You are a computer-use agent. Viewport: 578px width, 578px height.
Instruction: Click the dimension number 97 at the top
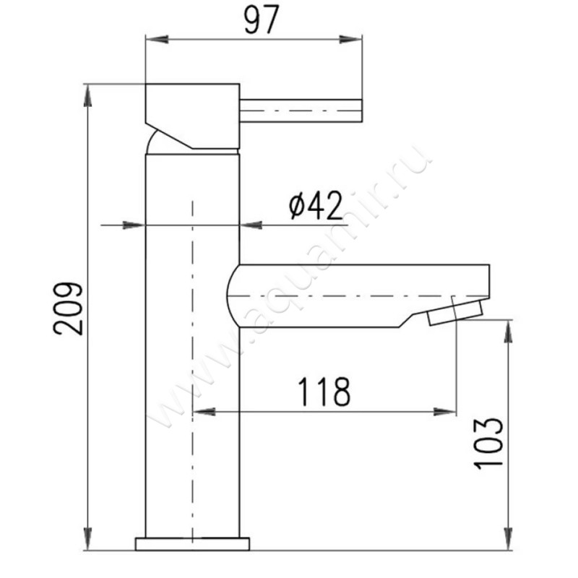(x=262, y=20)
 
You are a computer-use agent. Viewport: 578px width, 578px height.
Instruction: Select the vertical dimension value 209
(x=68, y=309)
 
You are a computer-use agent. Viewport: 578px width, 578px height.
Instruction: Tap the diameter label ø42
(x=316, y=206)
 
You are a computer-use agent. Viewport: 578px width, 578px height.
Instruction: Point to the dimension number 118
(x=324, y=391)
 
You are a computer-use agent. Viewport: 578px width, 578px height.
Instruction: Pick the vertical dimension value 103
(x=488, y=444)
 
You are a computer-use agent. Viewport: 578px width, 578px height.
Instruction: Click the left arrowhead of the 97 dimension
(x=158, y=40)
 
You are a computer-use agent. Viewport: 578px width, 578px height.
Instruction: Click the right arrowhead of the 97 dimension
(x=350, y=40)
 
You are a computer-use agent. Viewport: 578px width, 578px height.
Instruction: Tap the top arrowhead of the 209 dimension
(x=87, y=95)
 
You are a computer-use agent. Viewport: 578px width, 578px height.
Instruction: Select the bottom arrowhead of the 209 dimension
(x=87, y=539)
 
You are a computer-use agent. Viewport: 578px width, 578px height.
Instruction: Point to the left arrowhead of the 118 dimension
(x=204, y=412)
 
